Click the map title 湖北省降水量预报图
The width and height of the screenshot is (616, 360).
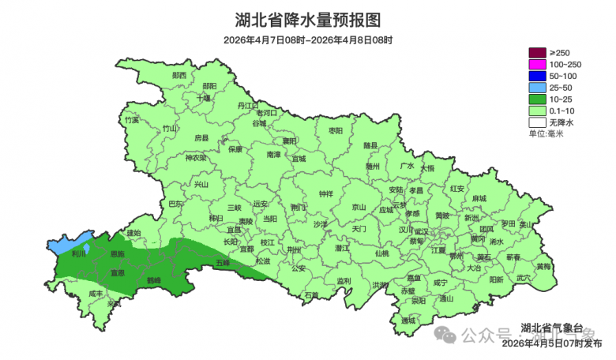tap(308, 19)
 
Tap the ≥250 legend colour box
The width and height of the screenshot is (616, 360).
tap(538, 52)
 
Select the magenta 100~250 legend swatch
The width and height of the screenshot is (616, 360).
tap(538, 64)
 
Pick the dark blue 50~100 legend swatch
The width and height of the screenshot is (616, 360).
tap(538, 76)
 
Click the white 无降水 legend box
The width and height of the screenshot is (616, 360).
tap(538, 123)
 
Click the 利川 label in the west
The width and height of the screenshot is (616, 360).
tap(78, 254)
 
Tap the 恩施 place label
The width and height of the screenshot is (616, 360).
tap(117, 254)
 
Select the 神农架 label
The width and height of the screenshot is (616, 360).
tap(195, 158)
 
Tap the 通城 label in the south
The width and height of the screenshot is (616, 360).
tap(408, 321)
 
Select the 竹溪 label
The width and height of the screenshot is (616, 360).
tap(131, 120)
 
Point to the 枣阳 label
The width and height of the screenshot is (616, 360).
tap(336, 130)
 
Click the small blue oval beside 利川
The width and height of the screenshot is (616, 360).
tap(87, 249)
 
